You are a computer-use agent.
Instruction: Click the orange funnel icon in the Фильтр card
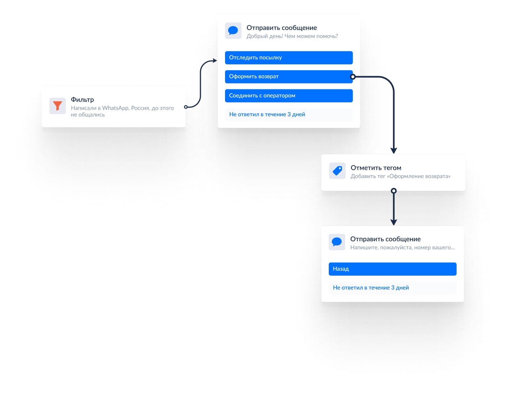point(57,106)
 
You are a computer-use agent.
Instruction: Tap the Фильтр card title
point(82,100)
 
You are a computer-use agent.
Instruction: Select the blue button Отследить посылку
point(289,58)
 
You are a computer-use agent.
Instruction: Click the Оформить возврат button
point(289,77)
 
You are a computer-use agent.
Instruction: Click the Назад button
point(392,269)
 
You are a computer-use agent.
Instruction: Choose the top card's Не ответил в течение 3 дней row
point(289,114)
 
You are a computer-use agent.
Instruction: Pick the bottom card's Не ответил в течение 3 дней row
point(392,288)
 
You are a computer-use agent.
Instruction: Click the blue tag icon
point(337,171)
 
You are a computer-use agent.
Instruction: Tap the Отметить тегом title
point(376,168)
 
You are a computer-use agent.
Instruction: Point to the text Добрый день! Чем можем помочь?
point(292,36)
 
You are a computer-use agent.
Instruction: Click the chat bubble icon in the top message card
point(233,30)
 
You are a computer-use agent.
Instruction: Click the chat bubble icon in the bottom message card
point(337,242)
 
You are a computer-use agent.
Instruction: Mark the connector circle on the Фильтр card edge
point(186,107)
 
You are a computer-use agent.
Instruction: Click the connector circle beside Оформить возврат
point(353,77)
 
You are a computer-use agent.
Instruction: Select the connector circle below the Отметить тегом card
point(394,191)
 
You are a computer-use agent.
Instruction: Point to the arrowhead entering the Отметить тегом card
point(394,150)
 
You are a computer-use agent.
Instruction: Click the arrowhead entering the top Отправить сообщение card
point(214,60)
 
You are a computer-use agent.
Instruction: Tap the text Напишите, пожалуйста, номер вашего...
point(402,247)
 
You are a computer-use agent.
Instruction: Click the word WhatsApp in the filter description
point(115,108)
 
